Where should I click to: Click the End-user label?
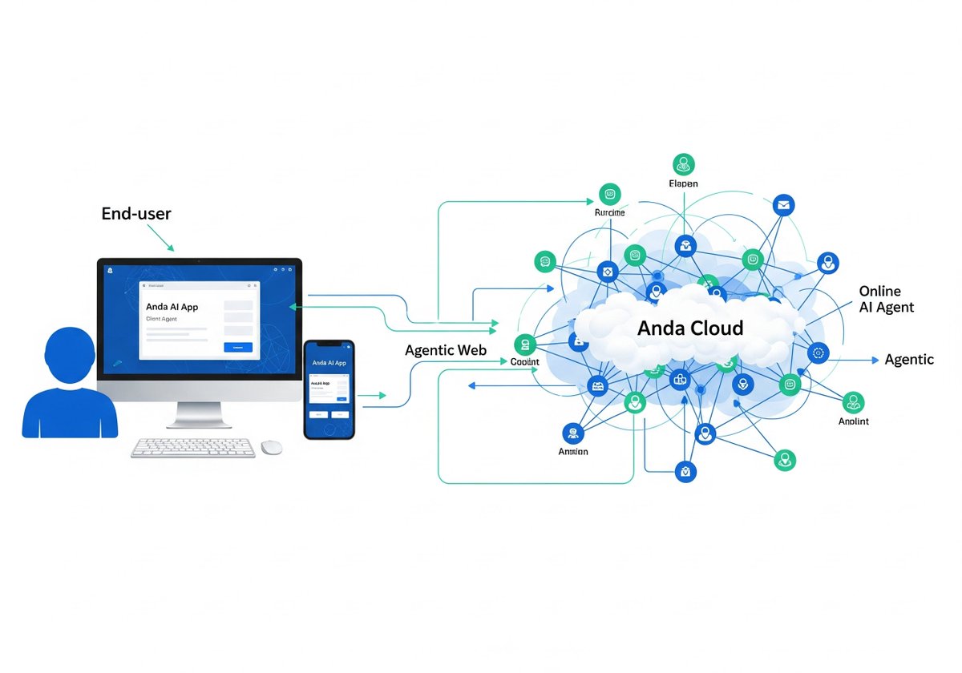click(136, 214)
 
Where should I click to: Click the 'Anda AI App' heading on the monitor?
click(172, 307)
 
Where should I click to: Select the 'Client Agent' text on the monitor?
click(161, 319)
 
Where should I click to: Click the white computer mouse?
click(272, 447)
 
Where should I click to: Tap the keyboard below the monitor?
click(193, 448)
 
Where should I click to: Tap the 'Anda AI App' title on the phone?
click(329, 363)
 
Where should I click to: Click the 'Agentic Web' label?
click(446, 350)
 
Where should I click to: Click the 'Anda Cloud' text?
click(690, 328)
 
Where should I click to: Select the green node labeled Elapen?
click(683, 164)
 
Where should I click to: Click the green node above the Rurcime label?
click(609, 194)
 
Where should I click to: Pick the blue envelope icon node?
click(782, 206)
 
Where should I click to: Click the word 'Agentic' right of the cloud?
click(909, 360)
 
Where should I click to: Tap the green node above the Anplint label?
click(854, 402)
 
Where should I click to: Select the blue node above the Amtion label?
click(572, 433)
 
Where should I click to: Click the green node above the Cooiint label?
click(524, 345)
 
